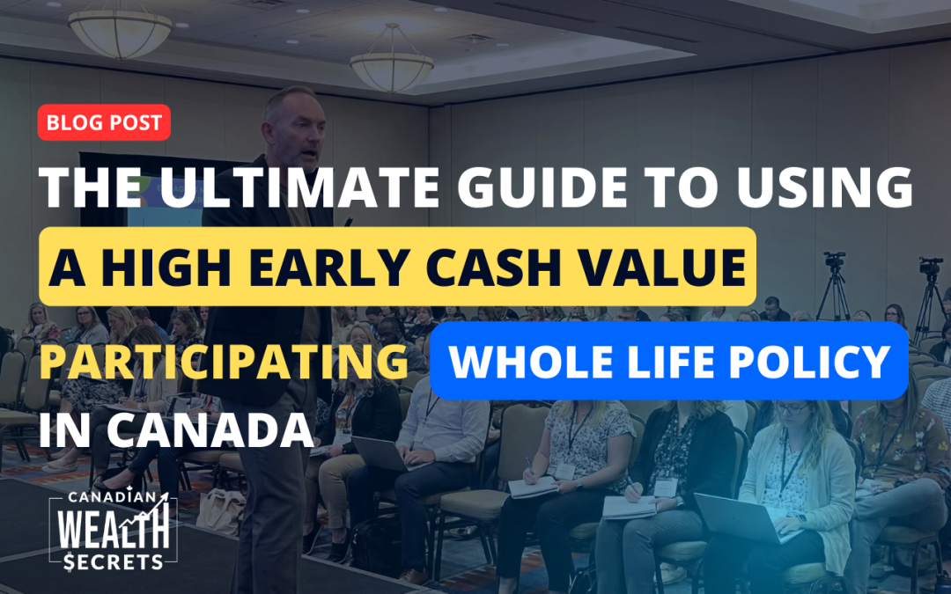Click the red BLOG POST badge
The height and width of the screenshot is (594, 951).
104,123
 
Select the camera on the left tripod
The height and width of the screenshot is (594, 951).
834,262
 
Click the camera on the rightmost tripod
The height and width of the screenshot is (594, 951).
929,266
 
